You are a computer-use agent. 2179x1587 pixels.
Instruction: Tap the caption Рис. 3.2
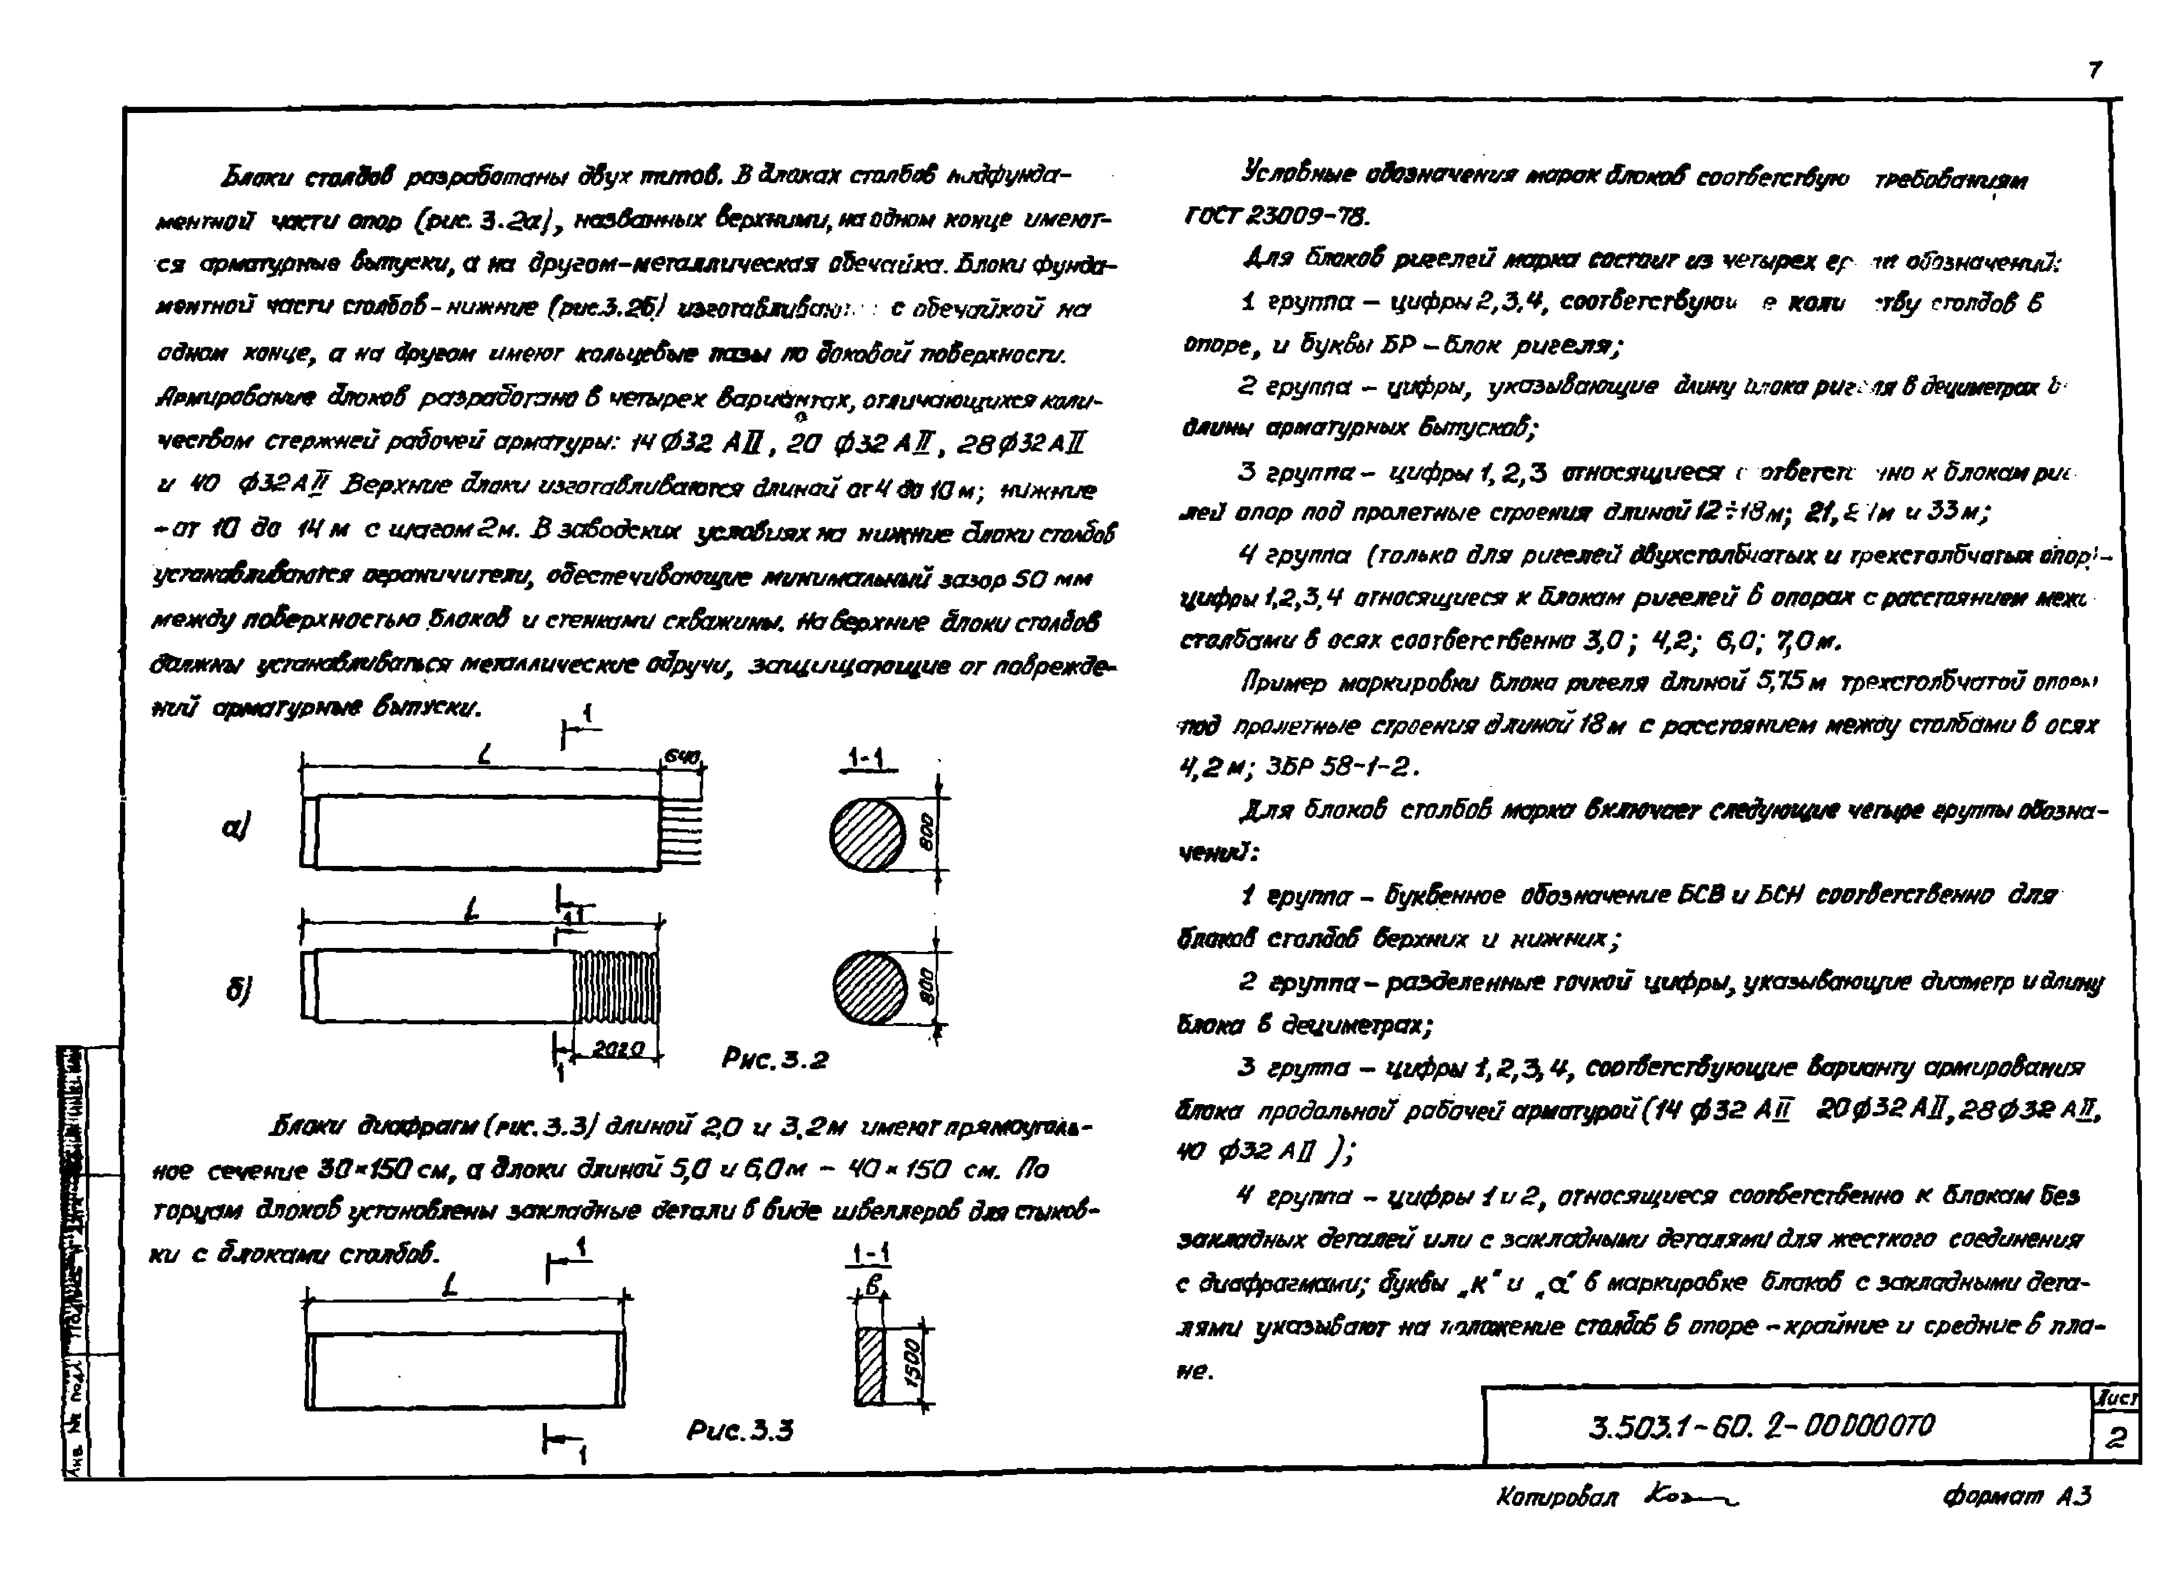(774, 1060)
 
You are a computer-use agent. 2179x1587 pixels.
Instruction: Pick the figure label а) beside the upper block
(236, 826)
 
